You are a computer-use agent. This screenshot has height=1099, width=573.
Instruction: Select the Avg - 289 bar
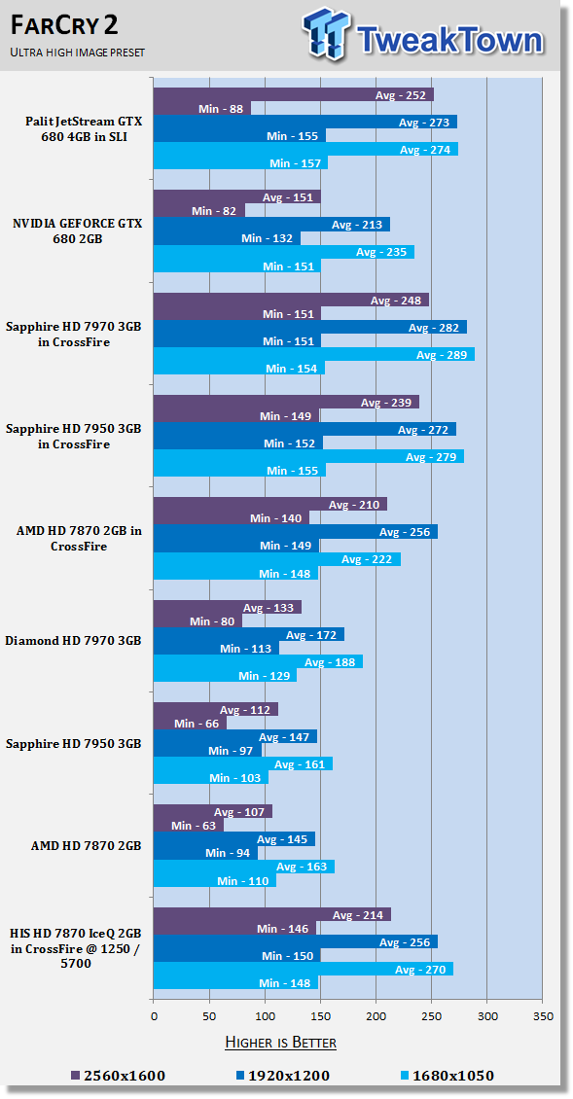click(314, 355)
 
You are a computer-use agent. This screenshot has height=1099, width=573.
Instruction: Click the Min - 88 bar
click(202, 108)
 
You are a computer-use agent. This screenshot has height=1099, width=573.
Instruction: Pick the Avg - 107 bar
click(212, 812)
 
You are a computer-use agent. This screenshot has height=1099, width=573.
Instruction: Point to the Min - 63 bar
click(189, 825)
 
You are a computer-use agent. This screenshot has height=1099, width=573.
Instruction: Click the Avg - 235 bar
click(284, 252)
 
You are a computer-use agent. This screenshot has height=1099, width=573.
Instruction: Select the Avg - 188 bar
click(258, 661)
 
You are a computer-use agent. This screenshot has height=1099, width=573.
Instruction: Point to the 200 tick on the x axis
click(376, 1015)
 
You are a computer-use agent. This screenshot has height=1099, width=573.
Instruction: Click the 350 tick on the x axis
click(543, 1015)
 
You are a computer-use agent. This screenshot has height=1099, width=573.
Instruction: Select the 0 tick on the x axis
click(154, 1015)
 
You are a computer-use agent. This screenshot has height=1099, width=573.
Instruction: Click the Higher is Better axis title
click(280, 1043)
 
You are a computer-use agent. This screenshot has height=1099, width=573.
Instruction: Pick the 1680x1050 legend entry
click(448, 1076)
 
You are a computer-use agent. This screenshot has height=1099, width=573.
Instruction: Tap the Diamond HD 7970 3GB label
click(73, 641)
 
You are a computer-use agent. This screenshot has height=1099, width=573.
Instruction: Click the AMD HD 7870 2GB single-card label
click(87, 846)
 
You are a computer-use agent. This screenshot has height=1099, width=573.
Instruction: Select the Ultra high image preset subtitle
click(77, 53)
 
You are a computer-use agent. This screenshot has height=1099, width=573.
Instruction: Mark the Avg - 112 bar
click(215, 709)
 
